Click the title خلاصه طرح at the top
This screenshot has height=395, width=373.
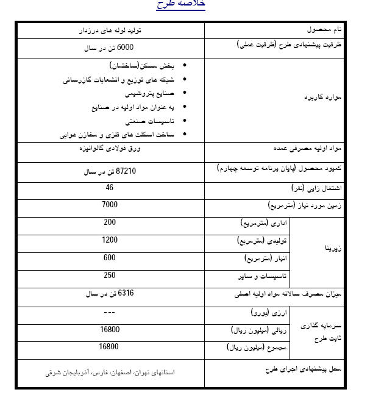pyautogui.click(x=181, y=4)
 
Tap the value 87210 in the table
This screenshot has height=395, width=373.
pyautogui.click(x=109, y=172)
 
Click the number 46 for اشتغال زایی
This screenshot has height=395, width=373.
pyautogui.click(x=110, y=188)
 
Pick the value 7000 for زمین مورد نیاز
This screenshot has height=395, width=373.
pyautogui.click(x=110, y=205)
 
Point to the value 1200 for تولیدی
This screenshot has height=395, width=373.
pyautogui.click(x=110, y=240)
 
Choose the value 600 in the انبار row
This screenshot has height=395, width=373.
pyautogui.click(x=110, y=258)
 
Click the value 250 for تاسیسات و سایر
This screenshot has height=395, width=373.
pyautogui.click(x=110, y=276)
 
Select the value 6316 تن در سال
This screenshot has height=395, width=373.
pyautogui.click(x=109, y=294)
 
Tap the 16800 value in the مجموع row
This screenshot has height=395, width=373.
pyautogui.click(x=110, y=346)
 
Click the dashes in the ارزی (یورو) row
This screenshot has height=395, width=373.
pyautogui.click(x=110, y=312)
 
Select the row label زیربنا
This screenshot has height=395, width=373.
pyautogui.click(x=332, y=249)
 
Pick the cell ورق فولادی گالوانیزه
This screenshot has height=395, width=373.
pyautogui.click(x=110, y=148)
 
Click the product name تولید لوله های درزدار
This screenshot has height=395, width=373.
pyautogui.click(x=110, y=29)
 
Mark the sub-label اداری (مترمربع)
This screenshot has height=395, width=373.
pyautogui.click(x=263, y=223)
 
